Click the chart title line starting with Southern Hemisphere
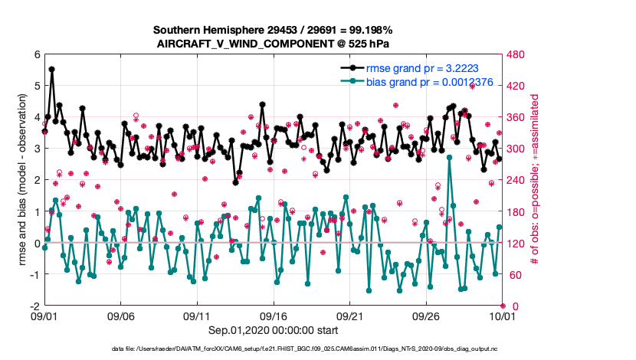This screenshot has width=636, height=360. (x=273, y=30)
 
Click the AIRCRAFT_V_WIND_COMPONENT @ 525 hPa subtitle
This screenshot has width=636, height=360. (x=273, y=44)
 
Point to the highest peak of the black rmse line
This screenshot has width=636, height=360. (x=51, y=69)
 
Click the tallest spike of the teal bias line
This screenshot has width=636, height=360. (x=449, y=157)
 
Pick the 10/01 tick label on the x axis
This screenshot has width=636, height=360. (x=501, y=316)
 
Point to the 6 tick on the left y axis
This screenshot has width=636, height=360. (x=36, y=54)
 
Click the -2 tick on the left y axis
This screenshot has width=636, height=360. (x=34, y=306)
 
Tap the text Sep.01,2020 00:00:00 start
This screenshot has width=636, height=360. (x=273, y=330)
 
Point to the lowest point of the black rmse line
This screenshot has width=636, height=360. (x=235, y=182)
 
